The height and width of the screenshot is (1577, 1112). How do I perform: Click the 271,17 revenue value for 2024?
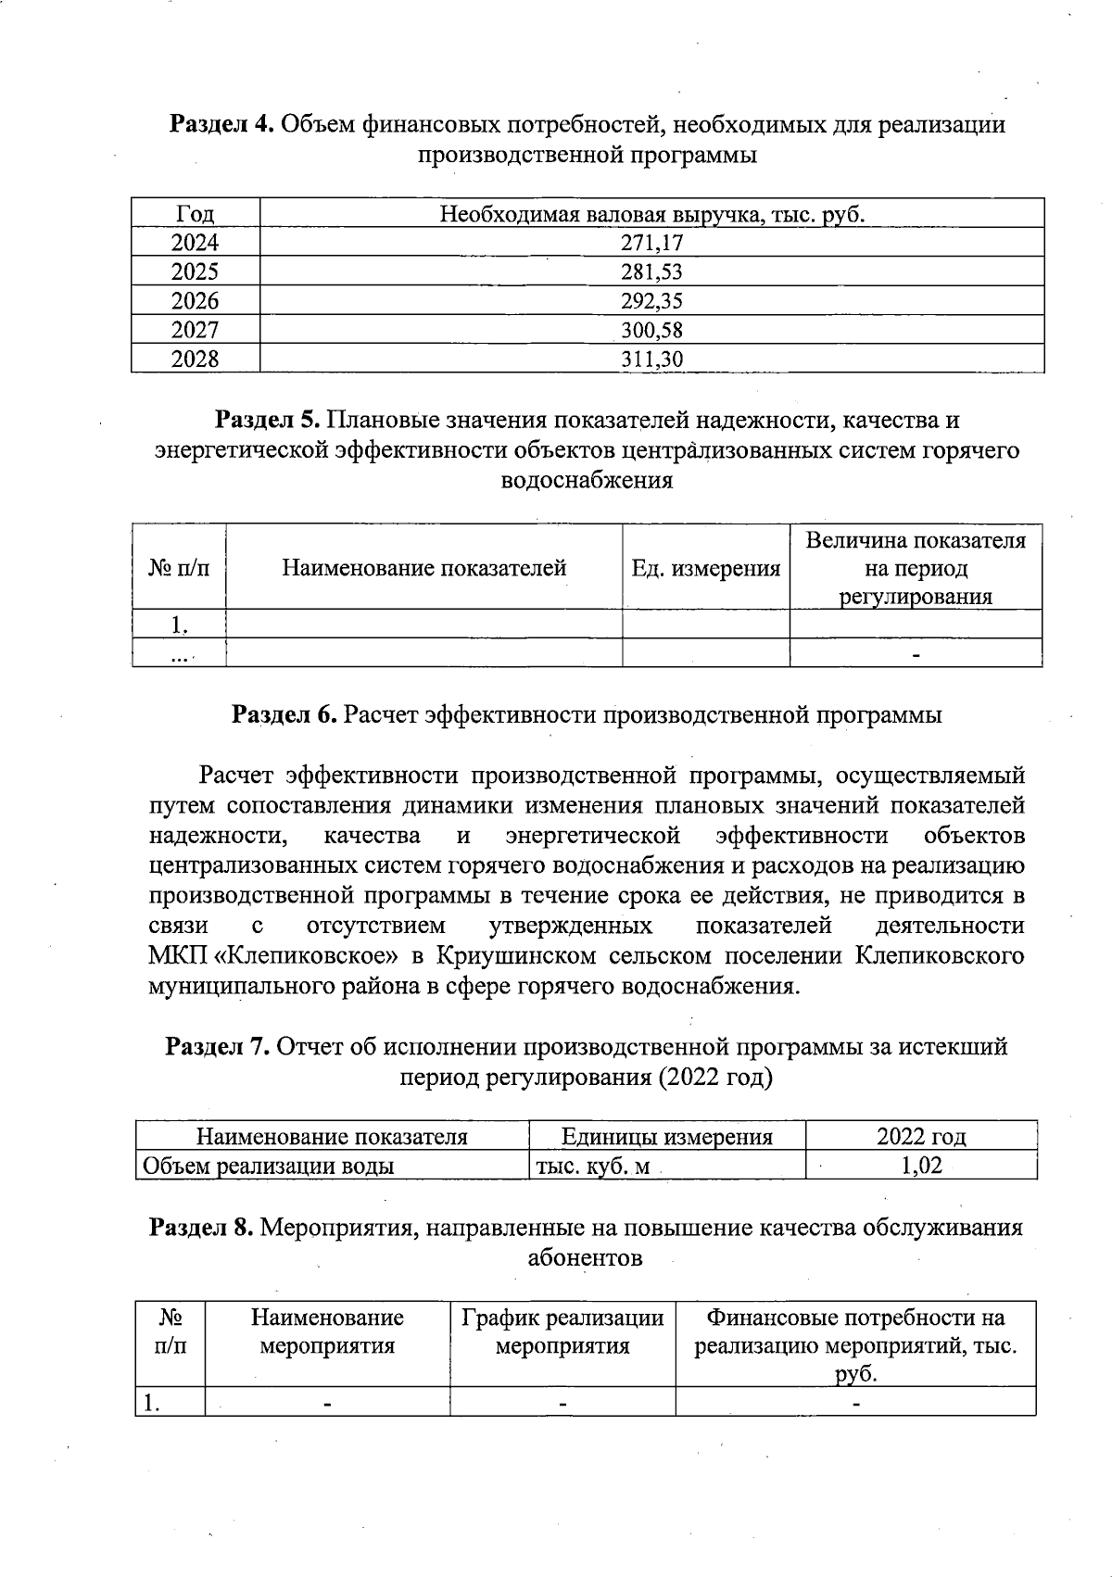(x=651, y=243)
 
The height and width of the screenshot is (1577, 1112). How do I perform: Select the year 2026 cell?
(x=195, y=301)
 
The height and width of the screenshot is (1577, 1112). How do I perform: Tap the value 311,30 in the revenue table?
(x=651, y=360)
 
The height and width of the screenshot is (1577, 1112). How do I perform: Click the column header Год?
(x=195, y=215)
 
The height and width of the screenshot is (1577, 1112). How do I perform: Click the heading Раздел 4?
(x=220, y=124)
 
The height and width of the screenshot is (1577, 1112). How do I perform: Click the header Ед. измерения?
(x=705, y=568)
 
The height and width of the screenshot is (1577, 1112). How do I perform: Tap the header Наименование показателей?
(x=423, y=568)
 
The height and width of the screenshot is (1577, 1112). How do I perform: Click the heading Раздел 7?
(x=217, y=1047)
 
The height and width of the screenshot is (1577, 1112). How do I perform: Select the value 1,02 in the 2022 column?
(x=921, y=1166)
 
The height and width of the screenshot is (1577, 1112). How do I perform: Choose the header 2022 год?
(x=921, y=1137)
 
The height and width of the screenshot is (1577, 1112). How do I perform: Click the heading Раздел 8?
(x=201, y=1228)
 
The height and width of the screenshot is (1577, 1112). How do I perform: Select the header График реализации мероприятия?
(x=562, y=1331)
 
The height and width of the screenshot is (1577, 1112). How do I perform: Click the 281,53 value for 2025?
(x=651, y=272)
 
